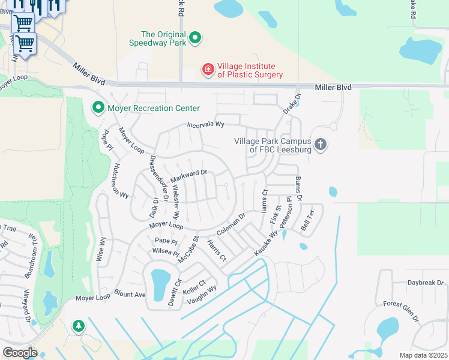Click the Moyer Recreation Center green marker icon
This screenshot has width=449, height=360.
pyautogui.click(x=98, y=108)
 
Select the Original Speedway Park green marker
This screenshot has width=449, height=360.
pyautogui.click(x=194, y=38)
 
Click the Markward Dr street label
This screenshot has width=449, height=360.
pyautogui.click(x=188, y=176)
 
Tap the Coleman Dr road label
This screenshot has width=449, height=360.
pyautogui.click(x=231, y=225)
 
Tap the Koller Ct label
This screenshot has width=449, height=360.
pyautogui.click(x=194, y=286)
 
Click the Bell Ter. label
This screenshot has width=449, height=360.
pyautogui.click(x=307, y=221)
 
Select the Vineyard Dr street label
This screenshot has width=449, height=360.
pyautogui.click(x=26, y=307)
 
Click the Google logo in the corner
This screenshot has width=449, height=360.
pyautogui.click(x=20, y=352)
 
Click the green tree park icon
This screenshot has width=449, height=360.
pyautogui.click(x=79, y=326)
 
